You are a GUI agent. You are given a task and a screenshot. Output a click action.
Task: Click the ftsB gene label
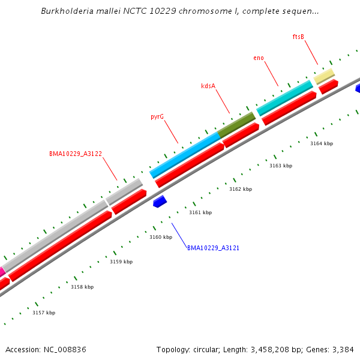[298, 37]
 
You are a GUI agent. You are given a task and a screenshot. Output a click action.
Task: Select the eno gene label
[259, 58]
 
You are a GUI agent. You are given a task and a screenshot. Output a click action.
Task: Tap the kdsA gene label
[208, 86]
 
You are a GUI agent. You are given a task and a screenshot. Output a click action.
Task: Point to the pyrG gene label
[157, 116]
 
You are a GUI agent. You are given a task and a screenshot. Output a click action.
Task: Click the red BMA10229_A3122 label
[76, 154]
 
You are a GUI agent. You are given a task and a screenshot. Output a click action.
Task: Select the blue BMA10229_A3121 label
[213, 248]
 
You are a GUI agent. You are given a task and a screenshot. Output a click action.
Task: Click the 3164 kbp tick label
[321, 143]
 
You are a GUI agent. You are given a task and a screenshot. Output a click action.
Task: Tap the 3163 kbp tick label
[280, 166]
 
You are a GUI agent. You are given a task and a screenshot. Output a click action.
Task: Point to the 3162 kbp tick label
[240, 189]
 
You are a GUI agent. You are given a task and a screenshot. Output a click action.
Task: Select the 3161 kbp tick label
[200, 212]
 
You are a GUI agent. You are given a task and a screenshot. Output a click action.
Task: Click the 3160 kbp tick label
[160, 237]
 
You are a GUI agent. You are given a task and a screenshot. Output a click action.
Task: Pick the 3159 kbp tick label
[121, 262]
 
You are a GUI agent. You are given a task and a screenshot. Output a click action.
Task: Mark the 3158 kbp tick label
[82, 287]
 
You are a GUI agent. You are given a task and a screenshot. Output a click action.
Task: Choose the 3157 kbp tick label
[43, 313]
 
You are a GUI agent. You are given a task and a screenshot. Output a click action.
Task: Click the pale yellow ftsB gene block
[324, 76]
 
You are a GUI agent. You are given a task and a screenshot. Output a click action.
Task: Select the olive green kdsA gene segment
[236, 124]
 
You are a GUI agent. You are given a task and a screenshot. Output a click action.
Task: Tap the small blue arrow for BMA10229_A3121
[160, 202]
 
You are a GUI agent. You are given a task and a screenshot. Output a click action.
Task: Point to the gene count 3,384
[341, 349]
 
